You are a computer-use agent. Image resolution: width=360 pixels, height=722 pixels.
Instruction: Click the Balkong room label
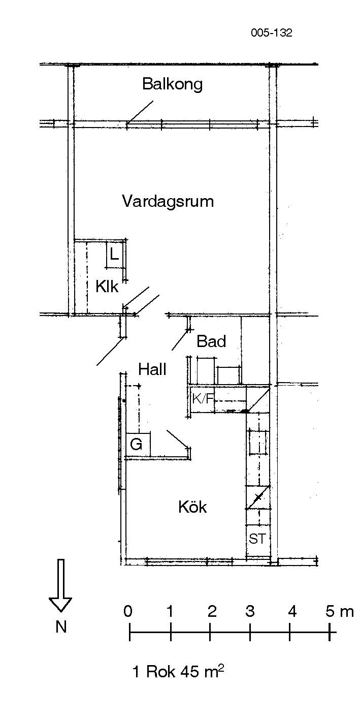point(172,84)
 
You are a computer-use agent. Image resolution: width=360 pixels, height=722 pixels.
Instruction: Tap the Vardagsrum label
point(168,201)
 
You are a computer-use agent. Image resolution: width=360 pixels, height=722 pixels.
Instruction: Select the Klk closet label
point(107,286)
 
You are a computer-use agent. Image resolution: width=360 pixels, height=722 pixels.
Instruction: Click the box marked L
point(114,255)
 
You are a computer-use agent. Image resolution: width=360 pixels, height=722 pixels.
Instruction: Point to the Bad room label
point(211,341)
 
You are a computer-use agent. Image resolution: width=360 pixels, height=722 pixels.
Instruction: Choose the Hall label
point(152,369)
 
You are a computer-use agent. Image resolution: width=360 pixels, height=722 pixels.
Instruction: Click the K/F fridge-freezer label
point(203,399)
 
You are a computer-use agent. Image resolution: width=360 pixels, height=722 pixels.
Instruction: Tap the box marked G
point(138,445)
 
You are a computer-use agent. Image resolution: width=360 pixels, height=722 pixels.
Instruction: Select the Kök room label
point(192,507)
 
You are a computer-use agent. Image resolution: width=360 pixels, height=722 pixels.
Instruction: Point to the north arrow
point(60,587)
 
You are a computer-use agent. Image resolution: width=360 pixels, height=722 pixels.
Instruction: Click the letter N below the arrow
point(61,627)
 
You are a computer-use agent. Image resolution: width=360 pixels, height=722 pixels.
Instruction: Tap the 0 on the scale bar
point(128,611)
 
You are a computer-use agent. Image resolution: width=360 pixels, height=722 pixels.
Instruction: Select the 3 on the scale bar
point(250,611)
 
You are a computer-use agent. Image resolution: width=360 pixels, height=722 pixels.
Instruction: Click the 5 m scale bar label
point(339,611)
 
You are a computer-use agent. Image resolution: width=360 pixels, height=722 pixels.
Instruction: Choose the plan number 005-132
point(272,33)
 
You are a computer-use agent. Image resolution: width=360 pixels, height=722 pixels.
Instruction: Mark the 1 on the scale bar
point(170,611)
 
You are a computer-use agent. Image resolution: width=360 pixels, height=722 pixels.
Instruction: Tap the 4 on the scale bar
point(292,611)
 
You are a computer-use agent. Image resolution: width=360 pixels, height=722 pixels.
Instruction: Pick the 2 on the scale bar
point(212,611)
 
